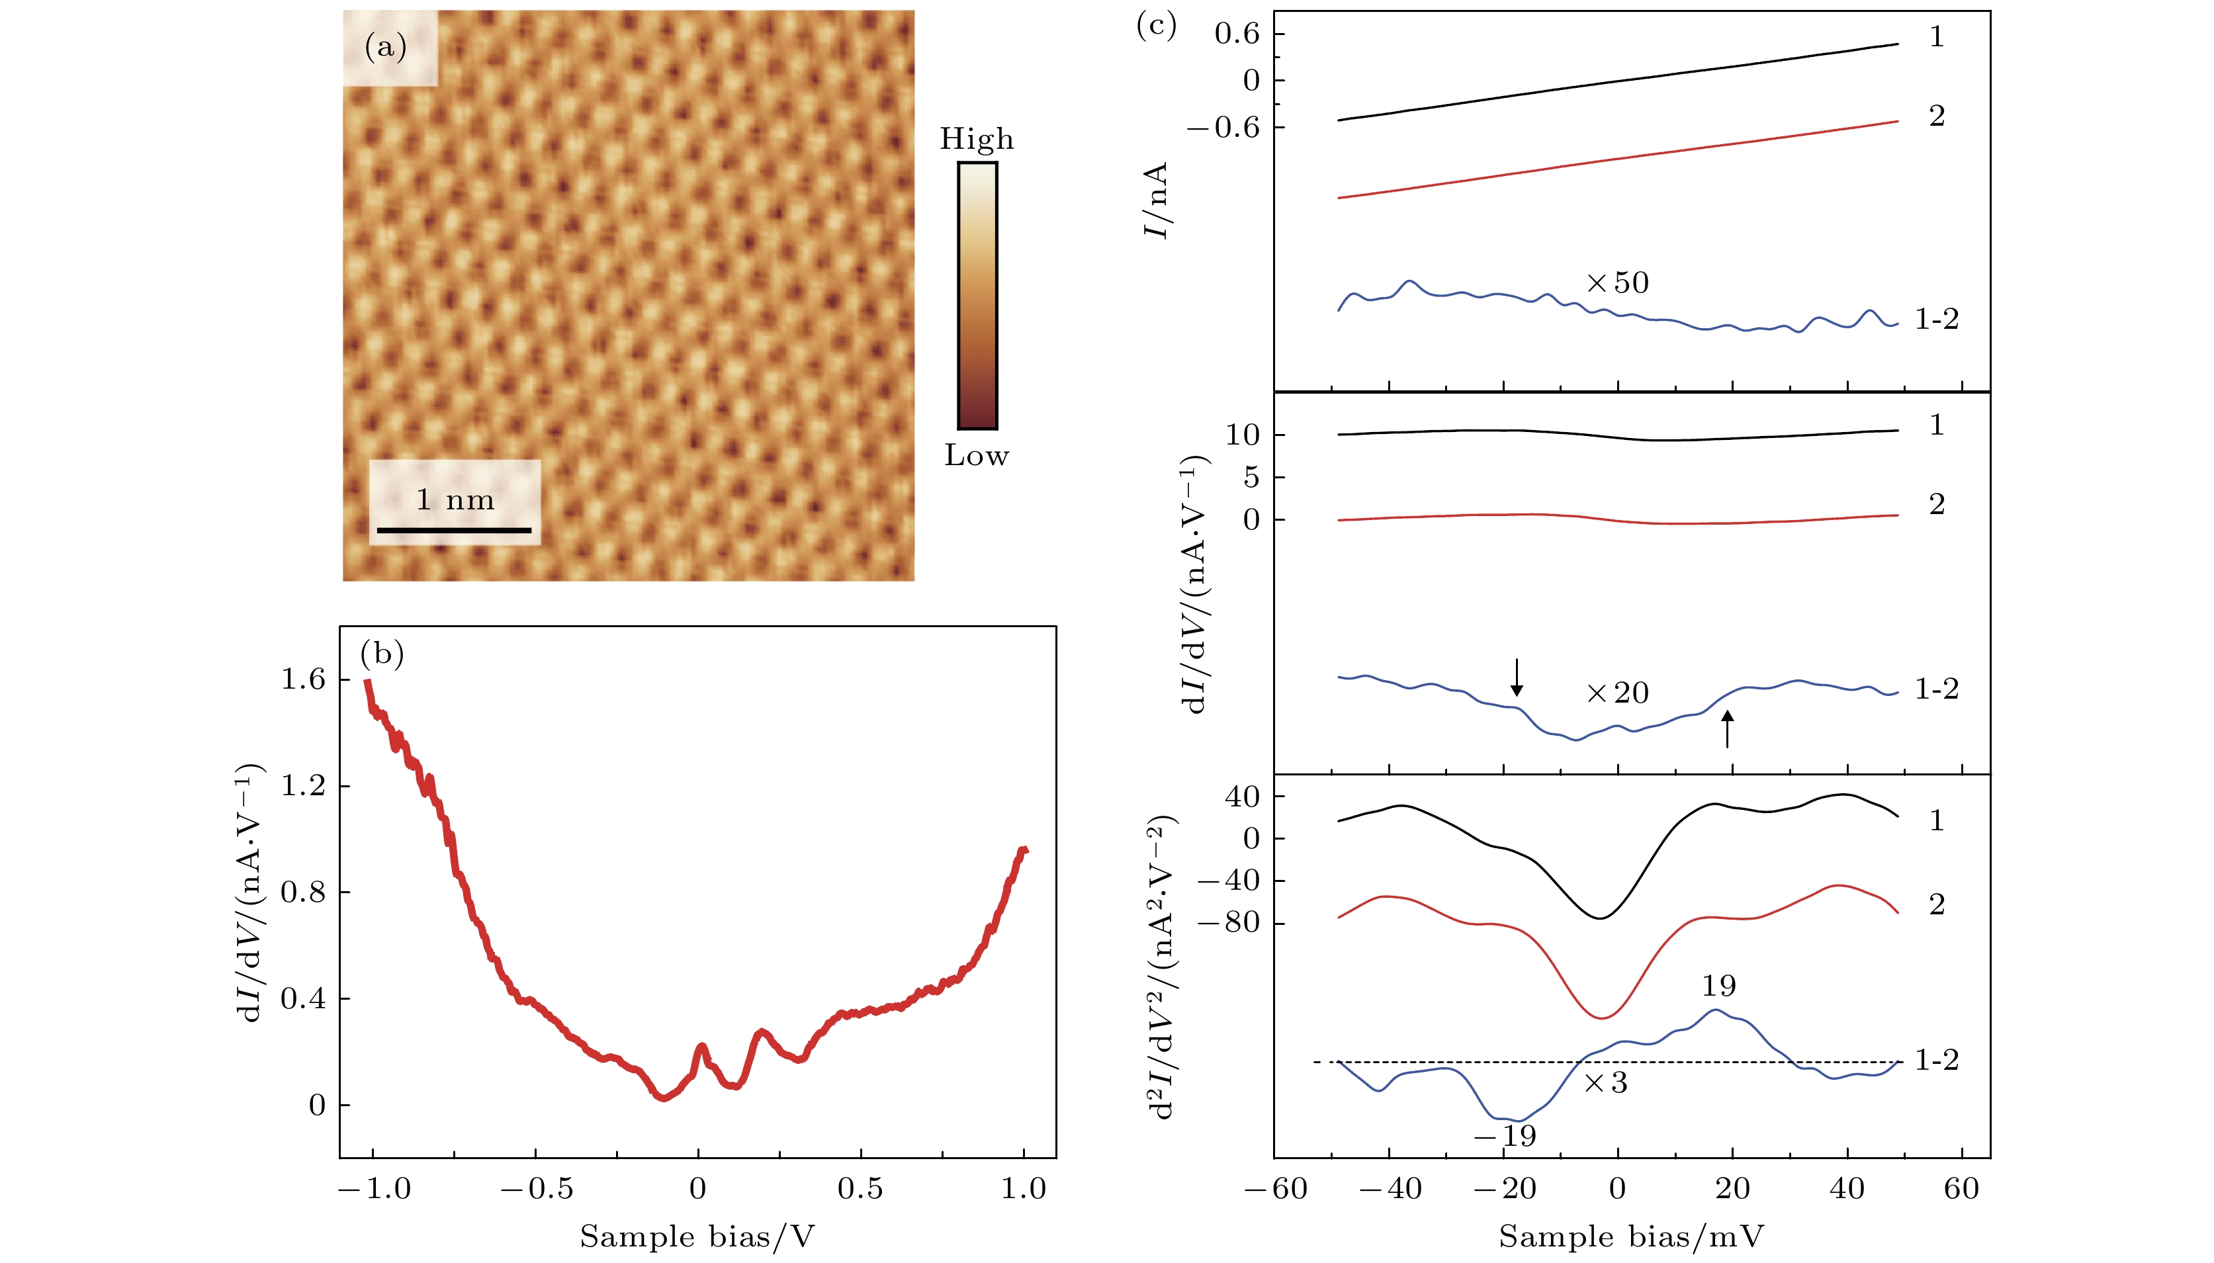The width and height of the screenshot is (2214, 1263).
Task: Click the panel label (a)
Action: click(386, 47)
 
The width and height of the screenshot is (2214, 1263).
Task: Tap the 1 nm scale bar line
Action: click(454, 530)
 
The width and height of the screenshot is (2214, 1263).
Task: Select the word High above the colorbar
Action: click(977, 139)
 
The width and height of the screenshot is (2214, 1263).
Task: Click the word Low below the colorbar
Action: click(977, 455)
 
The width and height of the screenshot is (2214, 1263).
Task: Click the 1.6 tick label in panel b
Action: click(303, 679)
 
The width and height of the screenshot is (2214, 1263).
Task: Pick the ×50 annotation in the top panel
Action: click(1618, 283)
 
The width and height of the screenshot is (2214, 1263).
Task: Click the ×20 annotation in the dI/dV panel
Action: click(1618, 693)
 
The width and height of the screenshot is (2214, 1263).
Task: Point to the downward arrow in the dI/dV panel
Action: click(1517, 677)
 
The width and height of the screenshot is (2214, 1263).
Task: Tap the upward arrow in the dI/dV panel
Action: click(1727, 728)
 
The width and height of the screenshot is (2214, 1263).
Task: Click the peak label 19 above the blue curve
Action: click(1718, 986)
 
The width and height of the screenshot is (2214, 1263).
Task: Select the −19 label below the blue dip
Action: click(1505, 1135)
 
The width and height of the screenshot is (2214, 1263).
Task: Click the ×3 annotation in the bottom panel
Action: click(1607, 1082)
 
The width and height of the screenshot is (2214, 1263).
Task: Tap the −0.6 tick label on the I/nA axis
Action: click(1224, 128)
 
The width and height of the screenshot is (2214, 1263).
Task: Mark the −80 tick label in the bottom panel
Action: click(1229, 922)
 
